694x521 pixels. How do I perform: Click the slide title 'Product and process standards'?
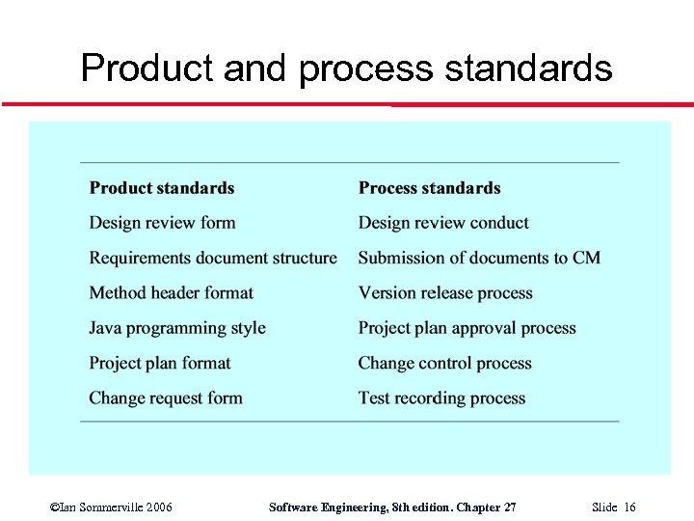pyautogui.click(x=346, y=69)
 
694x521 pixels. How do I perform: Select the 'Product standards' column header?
pyautogui.click(x=162, y=188)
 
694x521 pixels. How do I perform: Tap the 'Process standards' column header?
pyautogui.click(x=430, y=188)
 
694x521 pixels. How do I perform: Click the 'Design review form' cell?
pyautogui.click(x=162, y=223)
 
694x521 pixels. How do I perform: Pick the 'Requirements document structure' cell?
pyautogui.click(x=213, y=258)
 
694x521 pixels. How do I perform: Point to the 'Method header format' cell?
pyautogui.click(x=172, y=292)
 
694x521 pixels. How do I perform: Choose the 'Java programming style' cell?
pyautogui.click(x=177, y=328)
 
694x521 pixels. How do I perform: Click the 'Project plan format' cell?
pyautogui.click(x=160, y=363)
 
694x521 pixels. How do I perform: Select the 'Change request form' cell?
pyautogui.click(x=166, y=398)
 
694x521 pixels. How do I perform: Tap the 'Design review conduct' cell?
pyautogui.click(x=443, y=223)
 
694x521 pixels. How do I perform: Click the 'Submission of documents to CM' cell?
pyautogui.click(x=479, y=258)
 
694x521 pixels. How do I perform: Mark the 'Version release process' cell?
pyautogui.click(x=445, y=292)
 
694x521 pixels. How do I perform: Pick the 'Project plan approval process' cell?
pyautogui.click(x=467, y=328)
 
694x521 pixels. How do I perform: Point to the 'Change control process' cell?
pyautogui.click(x=445, y=363)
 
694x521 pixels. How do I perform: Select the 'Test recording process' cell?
pyautogui.click(x=442, y=398)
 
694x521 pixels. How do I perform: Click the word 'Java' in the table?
pyautogui.click(x=106, y=328)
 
